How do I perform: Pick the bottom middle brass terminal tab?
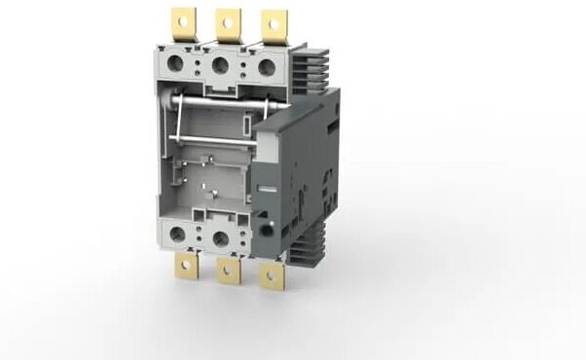[x=229, y=276]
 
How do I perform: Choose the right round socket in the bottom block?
[x=221, y=236]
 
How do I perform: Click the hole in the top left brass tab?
[x=183, y=16]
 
